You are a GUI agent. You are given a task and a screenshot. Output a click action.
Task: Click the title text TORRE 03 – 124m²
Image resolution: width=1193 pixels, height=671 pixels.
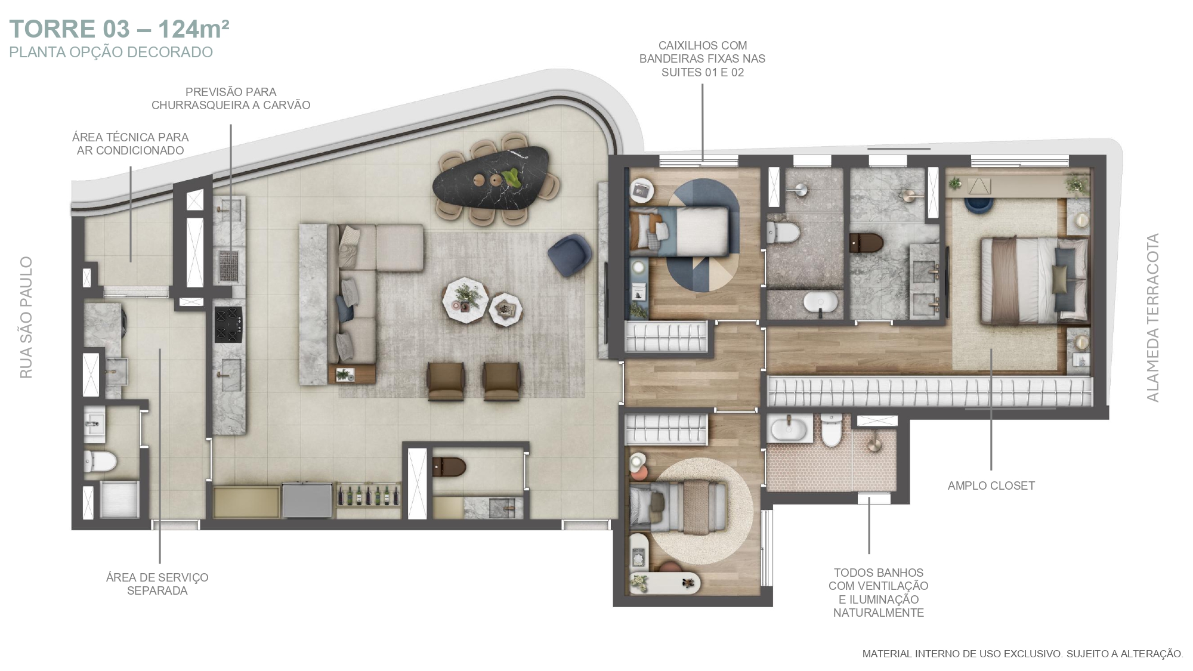(119, 29)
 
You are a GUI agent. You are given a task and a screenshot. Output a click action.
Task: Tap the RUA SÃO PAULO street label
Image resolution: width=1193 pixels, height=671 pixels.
(26, 317)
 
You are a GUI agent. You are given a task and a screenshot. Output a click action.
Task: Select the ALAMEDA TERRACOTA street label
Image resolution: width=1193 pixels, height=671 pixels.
(1152, 317)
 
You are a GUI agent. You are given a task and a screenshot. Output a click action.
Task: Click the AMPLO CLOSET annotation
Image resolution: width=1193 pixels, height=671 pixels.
(991, 486)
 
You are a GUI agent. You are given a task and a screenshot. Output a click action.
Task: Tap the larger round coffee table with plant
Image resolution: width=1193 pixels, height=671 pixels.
(465, 300)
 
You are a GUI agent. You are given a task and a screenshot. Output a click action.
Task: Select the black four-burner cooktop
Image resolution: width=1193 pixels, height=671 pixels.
(228, 324)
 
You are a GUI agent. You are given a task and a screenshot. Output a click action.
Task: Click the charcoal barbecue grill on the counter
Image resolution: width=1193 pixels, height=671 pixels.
(229, 266)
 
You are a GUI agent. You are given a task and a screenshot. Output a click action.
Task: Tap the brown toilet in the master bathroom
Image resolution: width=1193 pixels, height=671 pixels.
(866, 243)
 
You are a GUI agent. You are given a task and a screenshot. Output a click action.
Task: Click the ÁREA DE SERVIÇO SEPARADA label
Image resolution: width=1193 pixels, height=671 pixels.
(157, 584)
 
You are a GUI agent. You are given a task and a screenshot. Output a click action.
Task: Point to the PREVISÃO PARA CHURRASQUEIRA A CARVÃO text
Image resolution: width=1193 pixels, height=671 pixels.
(231, 98)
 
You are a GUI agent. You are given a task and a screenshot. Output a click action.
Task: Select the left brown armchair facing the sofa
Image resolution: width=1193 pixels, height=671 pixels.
(445, 381)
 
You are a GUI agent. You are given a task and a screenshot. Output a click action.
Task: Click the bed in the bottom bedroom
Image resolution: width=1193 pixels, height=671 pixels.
(678, 506)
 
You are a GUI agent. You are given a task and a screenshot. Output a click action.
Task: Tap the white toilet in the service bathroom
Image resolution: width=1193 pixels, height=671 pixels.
(100, 460)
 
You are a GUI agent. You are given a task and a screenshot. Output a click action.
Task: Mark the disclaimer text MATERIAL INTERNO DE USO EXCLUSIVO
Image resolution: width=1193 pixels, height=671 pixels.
(962, 654)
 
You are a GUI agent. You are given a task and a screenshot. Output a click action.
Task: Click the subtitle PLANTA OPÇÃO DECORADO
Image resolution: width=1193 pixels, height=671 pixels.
(111, 52)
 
